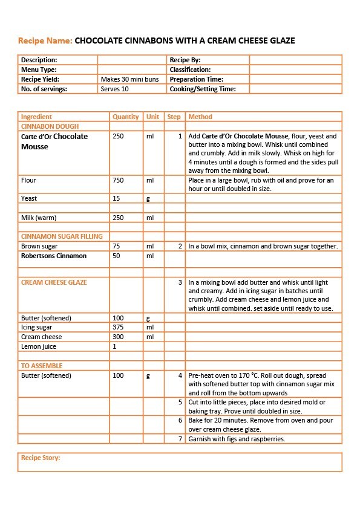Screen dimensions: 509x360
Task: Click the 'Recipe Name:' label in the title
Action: point(45,41)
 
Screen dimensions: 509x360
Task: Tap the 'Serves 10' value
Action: point(115,89)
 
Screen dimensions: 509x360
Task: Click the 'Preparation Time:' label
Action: point(197,79)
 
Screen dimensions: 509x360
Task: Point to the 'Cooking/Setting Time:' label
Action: point(201,89)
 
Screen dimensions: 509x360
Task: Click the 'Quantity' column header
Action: point(125,117)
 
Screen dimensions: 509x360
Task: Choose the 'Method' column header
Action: point(200,117)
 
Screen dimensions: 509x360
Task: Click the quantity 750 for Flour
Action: point(118,180)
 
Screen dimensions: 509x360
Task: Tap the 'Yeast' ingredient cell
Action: point(29,198)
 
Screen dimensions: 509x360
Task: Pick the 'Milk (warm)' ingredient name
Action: point(39,218)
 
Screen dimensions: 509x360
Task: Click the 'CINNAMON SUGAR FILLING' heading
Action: point(62,236)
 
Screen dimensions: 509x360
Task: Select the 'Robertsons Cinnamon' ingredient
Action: point(54,256)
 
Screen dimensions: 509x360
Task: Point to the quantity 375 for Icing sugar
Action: point(118,327)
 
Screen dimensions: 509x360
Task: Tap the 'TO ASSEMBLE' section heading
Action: point(42,366)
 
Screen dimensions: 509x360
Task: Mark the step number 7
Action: point(180,439)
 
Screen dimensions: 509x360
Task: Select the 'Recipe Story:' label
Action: point(41,458)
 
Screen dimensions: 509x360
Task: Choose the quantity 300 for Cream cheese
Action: point(118,337)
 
